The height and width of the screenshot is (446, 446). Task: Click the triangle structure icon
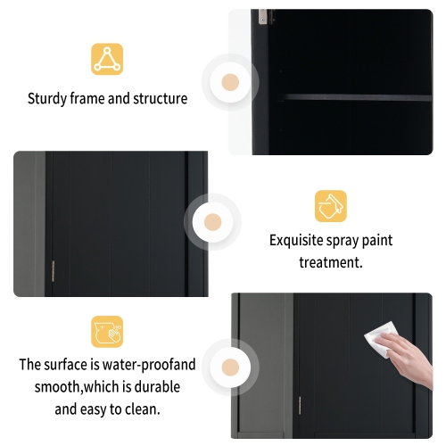(x=107, y=59)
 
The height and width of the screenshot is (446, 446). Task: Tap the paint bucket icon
(x=330, y=205)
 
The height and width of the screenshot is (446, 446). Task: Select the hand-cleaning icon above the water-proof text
(x=107, y=332)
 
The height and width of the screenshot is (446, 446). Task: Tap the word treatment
(x=330, y=263)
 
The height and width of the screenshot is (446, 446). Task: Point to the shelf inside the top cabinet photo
(x=357, y=96)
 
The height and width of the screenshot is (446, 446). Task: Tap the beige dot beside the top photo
(x=230, y=83)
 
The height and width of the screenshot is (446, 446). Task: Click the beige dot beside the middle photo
(x=212, y=222)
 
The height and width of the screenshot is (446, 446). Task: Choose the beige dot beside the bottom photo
(x=230, y=366)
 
